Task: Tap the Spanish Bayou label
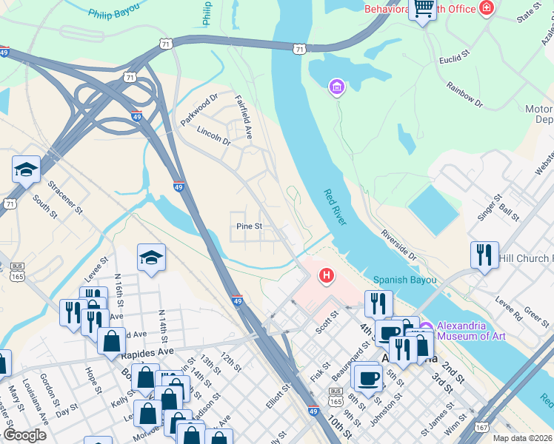(x=404, y=280)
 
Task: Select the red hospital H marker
(x=325, y=277)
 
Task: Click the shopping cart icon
(x=422, y=9)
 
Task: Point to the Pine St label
(x=250, y=226)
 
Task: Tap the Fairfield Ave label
(x=244, y=117)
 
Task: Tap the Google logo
(x=24, y=435)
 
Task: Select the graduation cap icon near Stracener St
(x=26, y=169)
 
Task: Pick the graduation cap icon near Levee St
(x=151, y=258)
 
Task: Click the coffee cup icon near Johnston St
(x=368, y=378)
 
